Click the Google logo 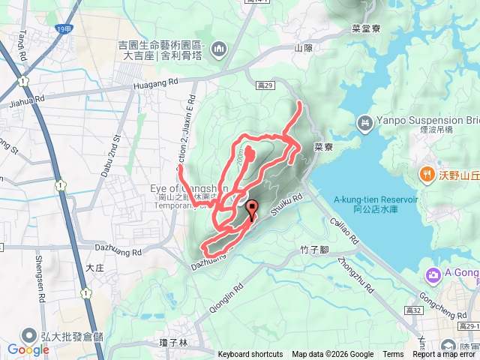[x=28, y=349]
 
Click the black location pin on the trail [x=251, y=209]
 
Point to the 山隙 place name [x=303, y=48]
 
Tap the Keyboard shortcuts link [x=250, y=355]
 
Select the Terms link [x=393, y=355]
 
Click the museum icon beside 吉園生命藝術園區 [x=219, y=49]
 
